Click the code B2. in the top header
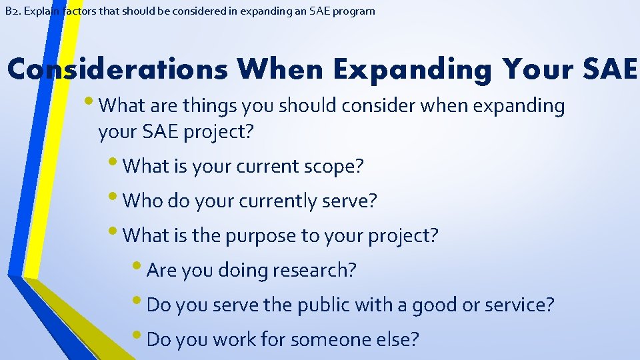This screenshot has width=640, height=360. pos(11,11)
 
